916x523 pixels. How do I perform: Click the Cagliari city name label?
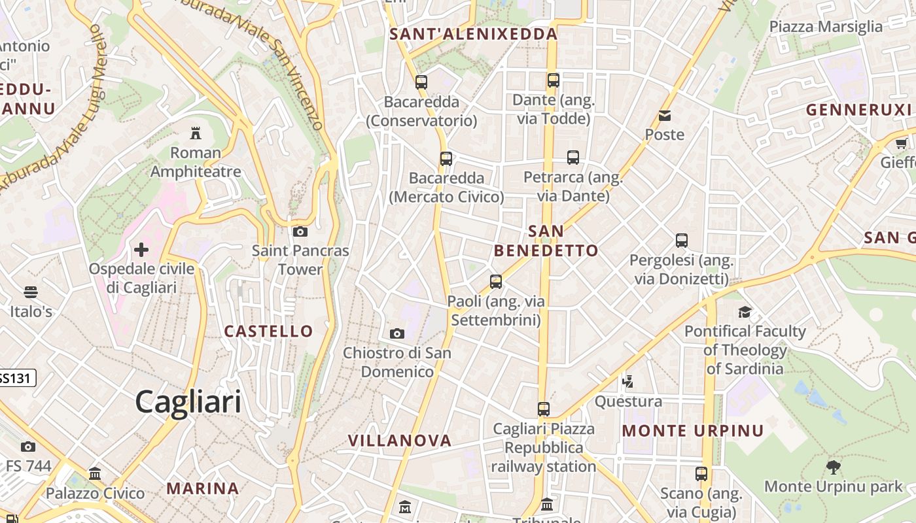click(188, 401)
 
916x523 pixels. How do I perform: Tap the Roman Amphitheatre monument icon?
click(195, 133)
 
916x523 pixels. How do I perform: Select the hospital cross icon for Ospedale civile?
click(141, 250)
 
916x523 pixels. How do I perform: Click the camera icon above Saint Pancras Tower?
click(300, 231)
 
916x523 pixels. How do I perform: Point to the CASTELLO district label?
click(269, 331)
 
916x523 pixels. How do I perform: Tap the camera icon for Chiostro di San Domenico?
click(396, 334)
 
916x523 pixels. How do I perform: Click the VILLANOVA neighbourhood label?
click(400, 441)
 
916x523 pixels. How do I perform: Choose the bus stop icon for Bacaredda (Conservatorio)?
click(421, 82)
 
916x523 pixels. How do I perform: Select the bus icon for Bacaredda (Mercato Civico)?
click(446, 158)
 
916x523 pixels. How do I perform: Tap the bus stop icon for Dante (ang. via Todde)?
click(554, 80)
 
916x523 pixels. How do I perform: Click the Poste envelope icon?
click(665, 116)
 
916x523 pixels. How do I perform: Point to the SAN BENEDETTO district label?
click(546, 241)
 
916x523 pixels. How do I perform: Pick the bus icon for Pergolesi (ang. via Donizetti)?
click(682, 241)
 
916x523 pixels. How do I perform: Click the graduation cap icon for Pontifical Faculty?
click(745, 312)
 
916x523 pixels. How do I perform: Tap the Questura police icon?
click(628, 381)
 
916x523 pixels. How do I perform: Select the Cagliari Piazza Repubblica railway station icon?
click(544, 409)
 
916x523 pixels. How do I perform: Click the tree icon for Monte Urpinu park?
click(834, 467)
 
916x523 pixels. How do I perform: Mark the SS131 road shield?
click(16, 378)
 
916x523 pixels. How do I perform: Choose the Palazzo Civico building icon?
click(95, 473)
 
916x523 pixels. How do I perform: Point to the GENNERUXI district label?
click(858, 110)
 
